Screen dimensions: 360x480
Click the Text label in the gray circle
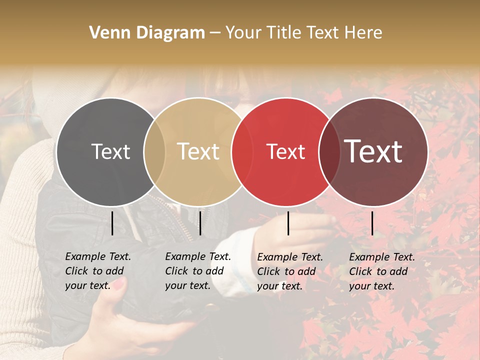(x=110, y=151)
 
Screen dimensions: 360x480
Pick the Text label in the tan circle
(x=198, y=151)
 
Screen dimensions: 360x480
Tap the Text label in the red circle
(x=285, y=151)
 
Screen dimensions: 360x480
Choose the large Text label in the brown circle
(x=373, y=151)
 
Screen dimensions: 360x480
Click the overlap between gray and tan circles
(x=154, y=151)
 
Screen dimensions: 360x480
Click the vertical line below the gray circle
(x=112, y=223)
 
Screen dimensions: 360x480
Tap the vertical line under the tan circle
(x=200, y=223)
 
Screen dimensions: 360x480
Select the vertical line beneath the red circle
(x=288, y=223)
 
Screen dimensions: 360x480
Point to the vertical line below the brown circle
(x=372, y=223)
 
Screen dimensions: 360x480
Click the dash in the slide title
(x=215, y=33)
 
